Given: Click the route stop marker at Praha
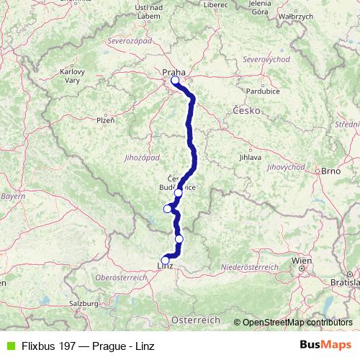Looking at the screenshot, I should point(175,81).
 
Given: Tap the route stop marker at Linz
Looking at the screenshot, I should point(165,261).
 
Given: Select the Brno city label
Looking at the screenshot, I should point(330,171).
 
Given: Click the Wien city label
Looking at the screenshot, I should point(301,260).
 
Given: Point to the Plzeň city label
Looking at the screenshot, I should point(105,120).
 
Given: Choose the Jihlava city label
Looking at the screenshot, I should point(250,156).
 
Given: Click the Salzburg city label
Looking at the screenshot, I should point(84,305).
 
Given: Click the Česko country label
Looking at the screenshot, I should point(248,110).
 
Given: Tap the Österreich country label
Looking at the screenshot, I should point(199,318).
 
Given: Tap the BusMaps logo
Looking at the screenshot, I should point(325,346).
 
